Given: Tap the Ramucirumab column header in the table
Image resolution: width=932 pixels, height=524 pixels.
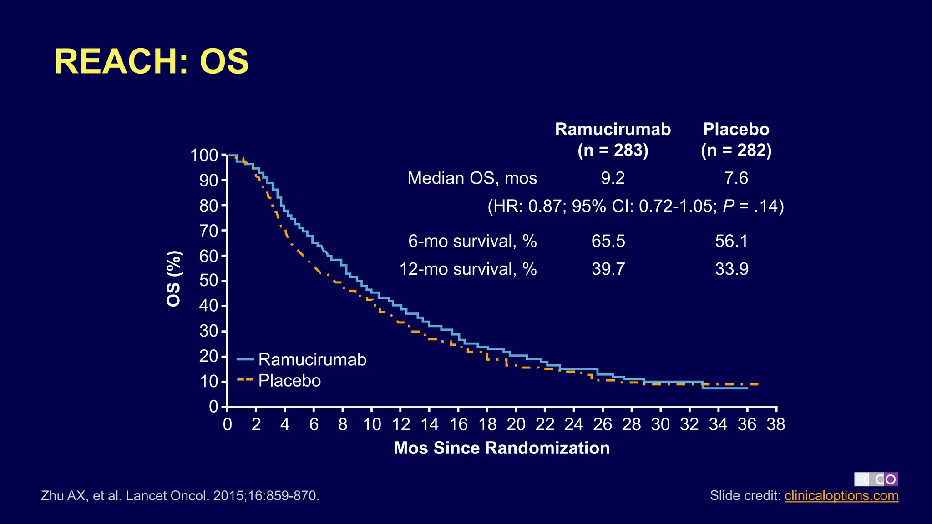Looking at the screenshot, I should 613,130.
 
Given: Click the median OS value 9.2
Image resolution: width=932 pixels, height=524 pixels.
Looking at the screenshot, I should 613,178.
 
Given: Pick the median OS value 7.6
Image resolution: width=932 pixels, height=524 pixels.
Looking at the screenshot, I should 736,178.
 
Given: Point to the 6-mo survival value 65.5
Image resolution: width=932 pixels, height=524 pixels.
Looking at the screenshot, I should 608,241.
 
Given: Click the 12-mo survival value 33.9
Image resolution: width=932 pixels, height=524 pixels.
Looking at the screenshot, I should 731,269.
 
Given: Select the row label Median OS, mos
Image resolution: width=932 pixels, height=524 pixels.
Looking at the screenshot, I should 472,178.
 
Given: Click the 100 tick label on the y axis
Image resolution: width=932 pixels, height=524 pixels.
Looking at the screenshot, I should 204,156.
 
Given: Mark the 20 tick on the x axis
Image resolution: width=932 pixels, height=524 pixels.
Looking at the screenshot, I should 516,424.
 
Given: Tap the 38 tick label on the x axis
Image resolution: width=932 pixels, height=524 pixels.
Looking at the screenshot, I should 776,424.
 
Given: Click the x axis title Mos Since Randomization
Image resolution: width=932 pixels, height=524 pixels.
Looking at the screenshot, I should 501,448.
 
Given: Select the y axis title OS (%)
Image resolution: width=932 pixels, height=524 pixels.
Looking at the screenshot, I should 174,279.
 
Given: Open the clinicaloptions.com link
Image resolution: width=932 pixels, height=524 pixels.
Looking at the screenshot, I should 841,495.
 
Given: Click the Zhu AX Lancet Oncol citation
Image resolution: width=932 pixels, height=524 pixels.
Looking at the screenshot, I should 180,495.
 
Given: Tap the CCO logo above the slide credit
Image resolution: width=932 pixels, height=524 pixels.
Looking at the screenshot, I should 876,479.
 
